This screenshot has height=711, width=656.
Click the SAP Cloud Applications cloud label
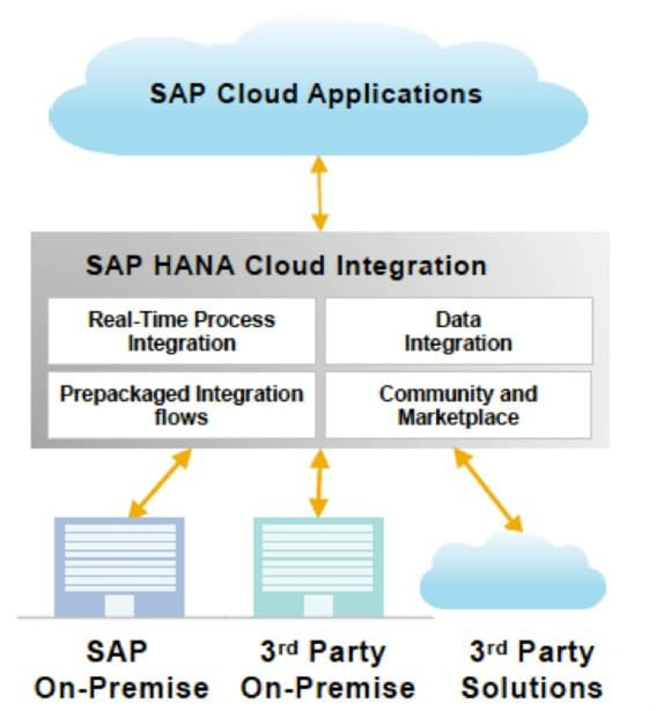pos(316,94)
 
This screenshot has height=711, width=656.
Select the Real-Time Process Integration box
pos(182,331)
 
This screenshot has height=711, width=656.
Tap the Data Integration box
pos(459,331)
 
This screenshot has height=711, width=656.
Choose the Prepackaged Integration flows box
pos(182,405)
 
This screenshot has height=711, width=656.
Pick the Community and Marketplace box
pos(459,405)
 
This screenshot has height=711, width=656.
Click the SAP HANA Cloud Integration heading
pos(286,265)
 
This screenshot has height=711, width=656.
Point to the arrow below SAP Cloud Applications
pos(319,193)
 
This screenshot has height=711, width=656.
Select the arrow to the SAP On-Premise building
pos(160,483)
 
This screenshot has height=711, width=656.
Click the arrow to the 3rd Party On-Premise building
pos(319,483)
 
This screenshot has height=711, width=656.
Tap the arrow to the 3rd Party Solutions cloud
pos(488,490)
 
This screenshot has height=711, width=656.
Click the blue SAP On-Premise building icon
pos(119,565)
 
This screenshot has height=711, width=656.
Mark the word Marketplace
pos(459,418)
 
